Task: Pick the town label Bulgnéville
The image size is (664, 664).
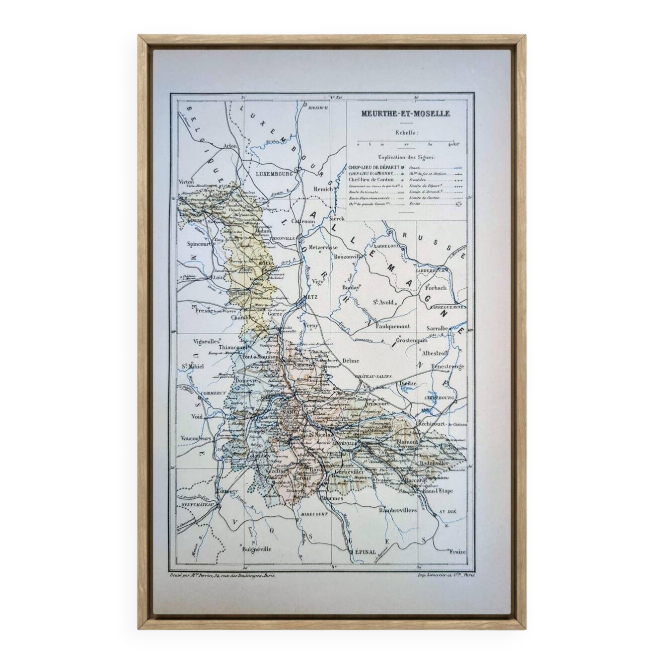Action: pos(257,549)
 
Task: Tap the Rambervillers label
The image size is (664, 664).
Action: pos(398,510)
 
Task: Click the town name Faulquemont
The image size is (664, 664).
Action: pos(393,326)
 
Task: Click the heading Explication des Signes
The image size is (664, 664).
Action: pos(406,157)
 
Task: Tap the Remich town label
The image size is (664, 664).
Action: pos(323,189)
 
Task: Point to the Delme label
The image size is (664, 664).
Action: pos(351,361)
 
